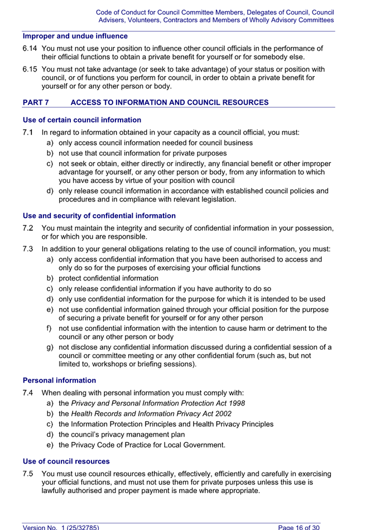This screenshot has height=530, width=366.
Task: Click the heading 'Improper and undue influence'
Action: (x=75, y=36)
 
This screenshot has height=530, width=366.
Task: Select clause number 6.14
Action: (x=30, y=49)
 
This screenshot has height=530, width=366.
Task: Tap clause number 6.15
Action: (x=30, y=69)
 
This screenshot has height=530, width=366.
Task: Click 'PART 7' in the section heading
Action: (x=36, y=103)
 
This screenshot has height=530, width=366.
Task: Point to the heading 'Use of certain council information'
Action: (x=82, y=120)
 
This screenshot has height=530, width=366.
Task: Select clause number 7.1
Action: (x=28, y=133)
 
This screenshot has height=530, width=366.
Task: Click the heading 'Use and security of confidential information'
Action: (x=99, y=216)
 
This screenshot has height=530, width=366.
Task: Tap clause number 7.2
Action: (x=28, y=228)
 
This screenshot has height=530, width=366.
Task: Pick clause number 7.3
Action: (x=28, y=249)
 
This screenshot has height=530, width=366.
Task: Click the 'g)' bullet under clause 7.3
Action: (x=50, y=347)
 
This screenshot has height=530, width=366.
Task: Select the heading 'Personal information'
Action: (x=59, y=380)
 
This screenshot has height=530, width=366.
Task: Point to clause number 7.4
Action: (x=28, y=393)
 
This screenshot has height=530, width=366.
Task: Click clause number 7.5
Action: (x=28, y=474)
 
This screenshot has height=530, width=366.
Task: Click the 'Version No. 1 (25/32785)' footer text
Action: (x=61, y=527)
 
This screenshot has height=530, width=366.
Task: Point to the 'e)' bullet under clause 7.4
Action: (x=50, y=445)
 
